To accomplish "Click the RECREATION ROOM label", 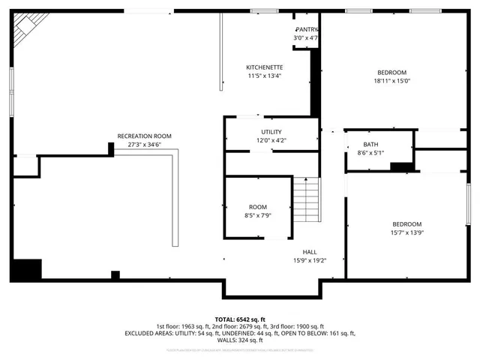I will point(144,136).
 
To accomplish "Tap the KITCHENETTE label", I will point(264,67).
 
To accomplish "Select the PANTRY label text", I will point(306,29).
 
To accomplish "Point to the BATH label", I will point(370,145).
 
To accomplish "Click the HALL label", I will point(309,252).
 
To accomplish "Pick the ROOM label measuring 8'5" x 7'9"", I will point(257,207).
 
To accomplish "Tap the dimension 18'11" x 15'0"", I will point(391,81).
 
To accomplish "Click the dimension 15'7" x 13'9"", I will point(406,232).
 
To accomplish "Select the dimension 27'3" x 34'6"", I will point(144,144).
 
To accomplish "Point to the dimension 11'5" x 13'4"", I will point(264,75).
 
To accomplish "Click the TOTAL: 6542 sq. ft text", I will point(240,319).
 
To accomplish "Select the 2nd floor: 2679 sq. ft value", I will point(241,326).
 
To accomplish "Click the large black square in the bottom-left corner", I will point(27,270).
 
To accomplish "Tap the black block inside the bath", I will point(402,167).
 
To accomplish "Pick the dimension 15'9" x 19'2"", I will point(309,260).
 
